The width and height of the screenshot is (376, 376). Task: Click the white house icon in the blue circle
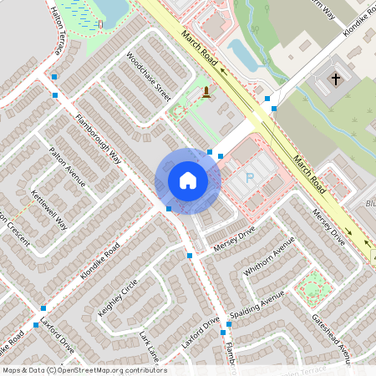(188, 180)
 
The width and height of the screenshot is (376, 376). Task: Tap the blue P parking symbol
(249, 178)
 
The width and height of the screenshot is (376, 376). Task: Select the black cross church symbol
(336, 80)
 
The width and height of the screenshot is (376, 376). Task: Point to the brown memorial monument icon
(206, 92)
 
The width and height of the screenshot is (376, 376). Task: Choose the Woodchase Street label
(148, 78)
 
